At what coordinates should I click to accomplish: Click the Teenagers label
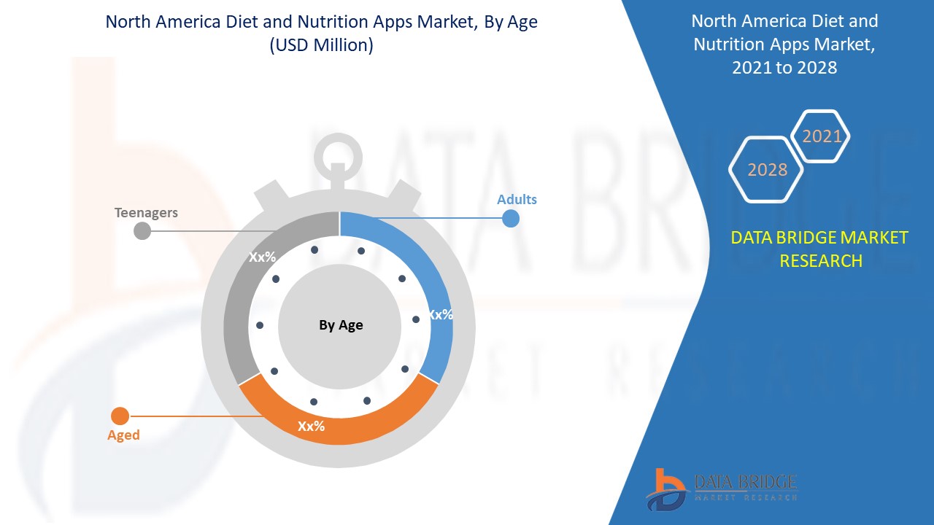146,213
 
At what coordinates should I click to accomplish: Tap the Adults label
517,199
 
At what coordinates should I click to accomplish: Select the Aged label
123,435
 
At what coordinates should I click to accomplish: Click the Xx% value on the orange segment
311,426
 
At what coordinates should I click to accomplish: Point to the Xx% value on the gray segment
262,257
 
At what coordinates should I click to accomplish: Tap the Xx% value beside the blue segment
440,315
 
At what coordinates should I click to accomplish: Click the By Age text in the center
341,325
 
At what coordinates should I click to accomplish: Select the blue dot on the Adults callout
511,218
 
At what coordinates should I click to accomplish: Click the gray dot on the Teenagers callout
142,231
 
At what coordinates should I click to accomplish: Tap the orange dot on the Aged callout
120,416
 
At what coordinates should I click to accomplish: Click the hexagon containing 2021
822,136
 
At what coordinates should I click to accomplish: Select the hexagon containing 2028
767,170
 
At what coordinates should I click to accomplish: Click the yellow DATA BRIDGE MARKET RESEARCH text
820,249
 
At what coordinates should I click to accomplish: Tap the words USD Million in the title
321,45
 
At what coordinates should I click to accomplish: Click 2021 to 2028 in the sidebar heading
784,67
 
